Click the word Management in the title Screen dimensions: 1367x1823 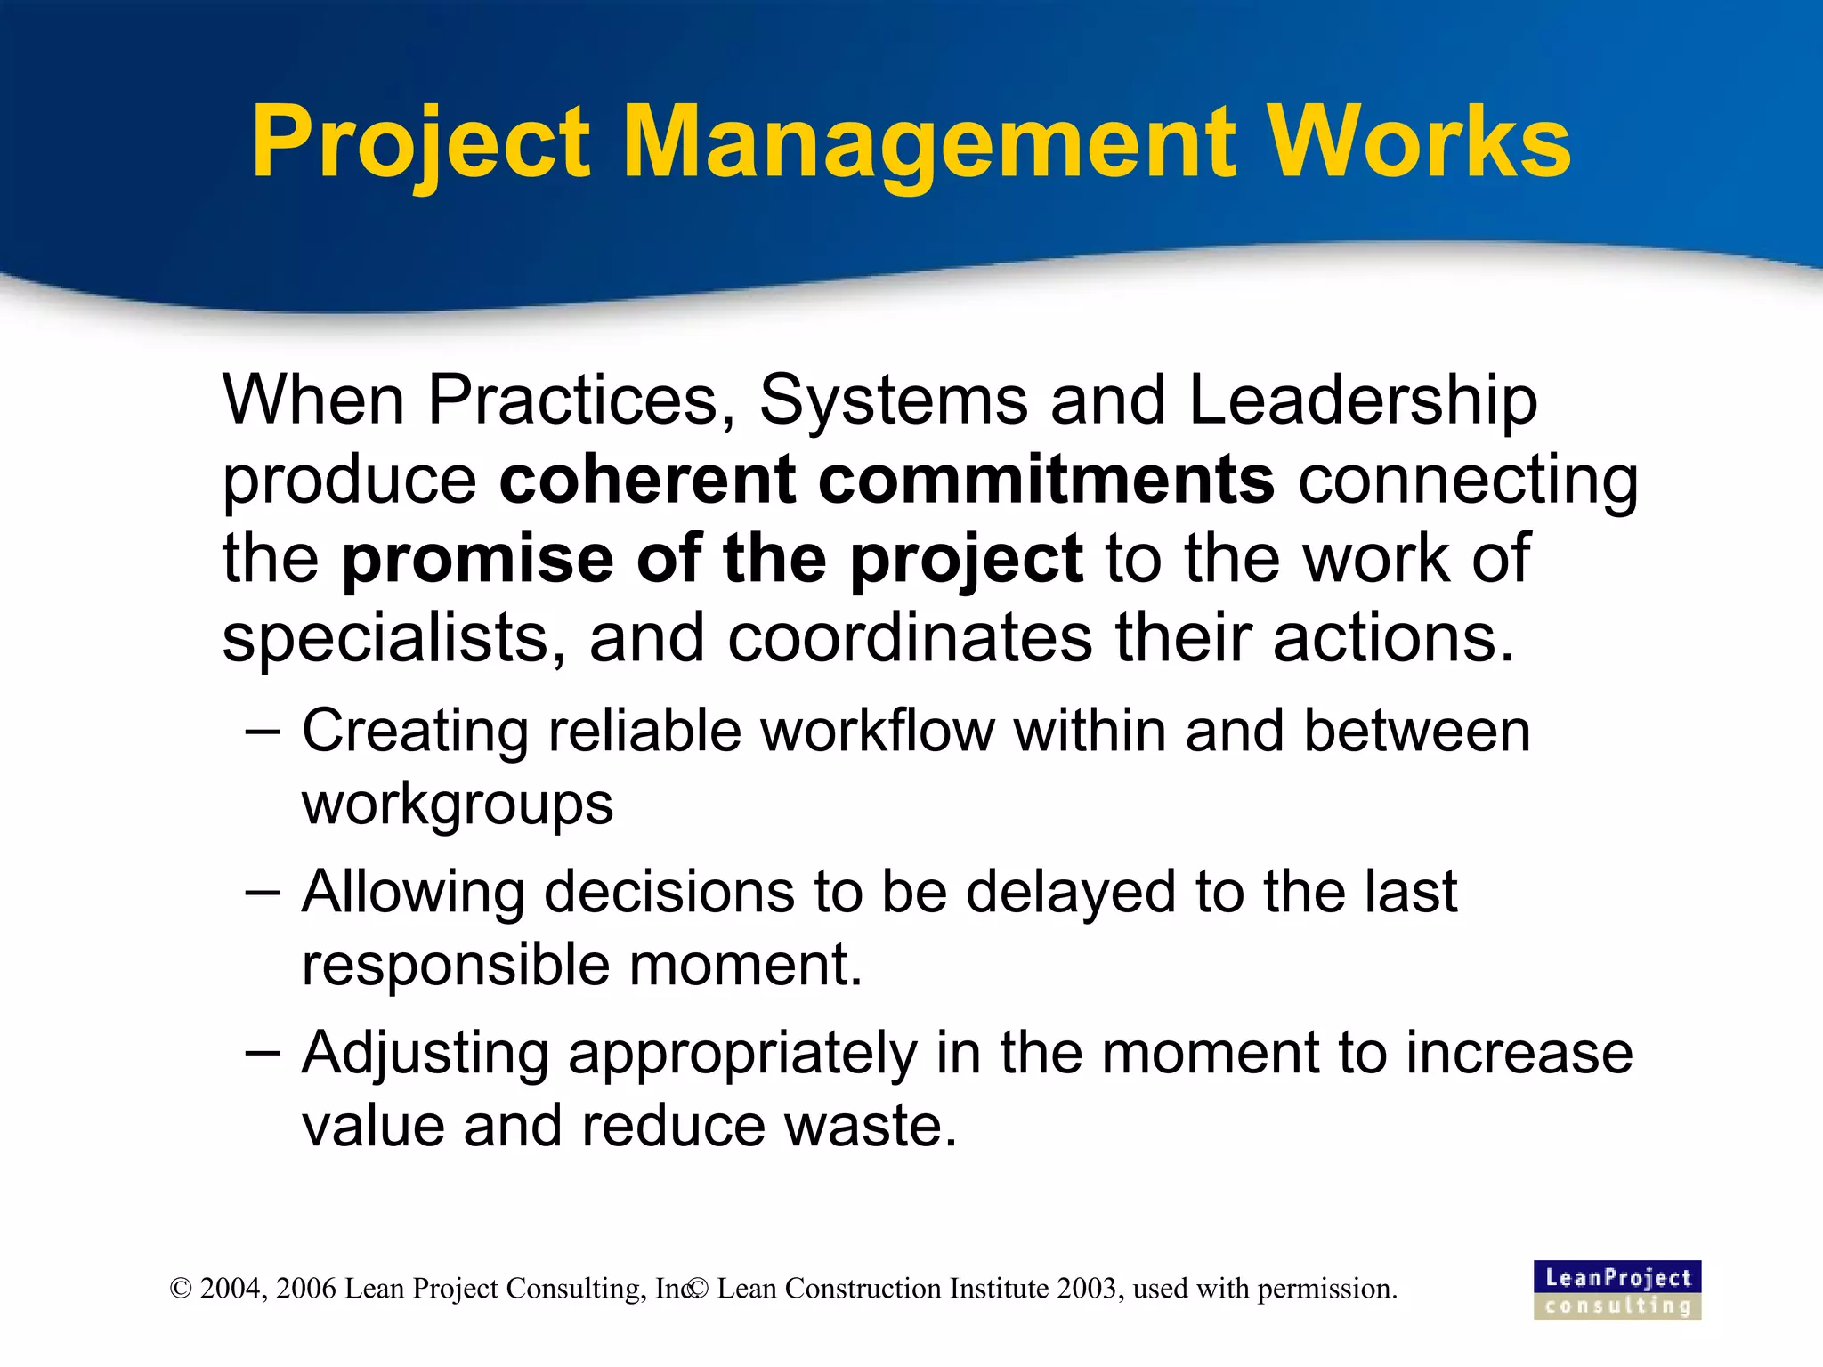tap(929, 142)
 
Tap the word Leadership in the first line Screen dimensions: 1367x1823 tap(1363, 401)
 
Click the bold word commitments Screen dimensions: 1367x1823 tap(1046, 480)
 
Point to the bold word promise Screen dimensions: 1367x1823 tap(478, 559)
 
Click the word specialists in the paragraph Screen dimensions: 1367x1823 tap(393, 638)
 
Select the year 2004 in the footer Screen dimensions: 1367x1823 tap(231, 1289)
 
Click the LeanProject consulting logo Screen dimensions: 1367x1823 tap(1616, 1290)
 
